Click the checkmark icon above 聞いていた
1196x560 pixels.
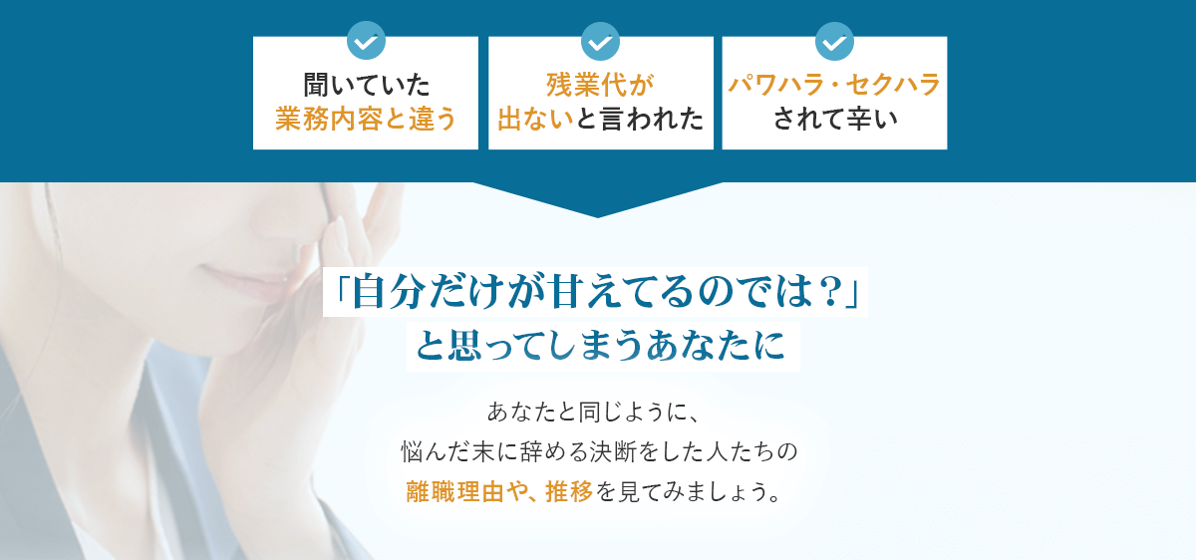click(x=366, y=41)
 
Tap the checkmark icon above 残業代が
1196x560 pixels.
click(x=600, y=41)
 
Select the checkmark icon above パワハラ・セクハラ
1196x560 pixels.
click(x=834, y=41)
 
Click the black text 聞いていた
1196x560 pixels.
click(x=367, y=85)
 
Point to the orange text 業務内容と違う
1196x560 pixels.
click(x=366, y=119)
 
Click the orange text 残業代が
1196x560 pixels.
click(x=600, y=85)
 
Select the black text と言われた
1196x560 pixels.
click(x=640, y=119)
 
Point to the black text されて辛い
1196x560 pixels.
click(x=835, y=119)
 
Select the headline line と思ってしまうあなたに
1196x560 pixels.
click(x=601, y=346)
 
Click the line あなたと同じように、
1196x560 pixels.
click(x=593, y=413)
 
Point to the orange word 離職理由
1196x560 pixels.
click(x=455, y=491)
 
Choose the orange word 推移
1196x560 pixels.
click(x=569, y=491)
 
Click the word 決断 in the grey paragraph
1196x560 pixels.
click(x=613, y=451)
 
